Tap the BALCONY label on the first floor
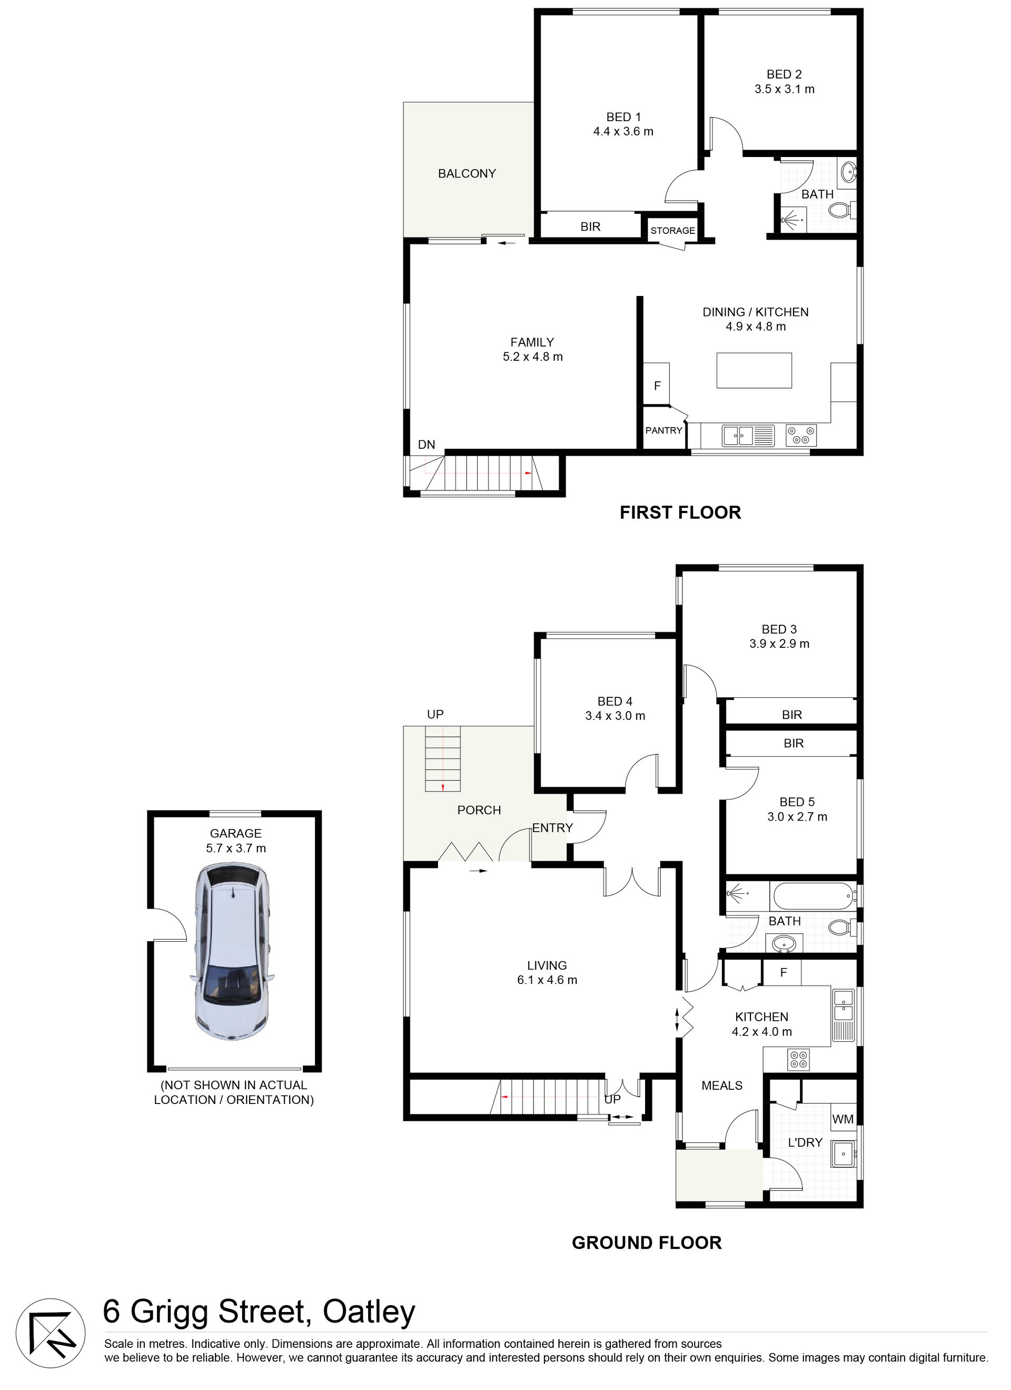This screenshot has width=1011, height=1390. coord(467,174)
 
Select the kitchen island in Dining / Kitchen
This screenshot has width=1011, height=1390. coord(754,370)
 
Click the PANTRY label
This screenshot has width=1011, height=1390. coord(663,430)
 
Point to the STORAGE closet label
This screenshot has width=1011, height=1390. coord(673,231)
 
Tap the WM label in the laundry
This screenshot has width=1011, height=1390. coord(843,1119)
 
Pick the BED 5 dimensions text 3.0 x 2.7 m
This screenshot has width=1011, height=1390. coord(797,817)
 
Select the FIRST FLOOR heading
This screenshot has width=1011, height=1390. coord(680,512)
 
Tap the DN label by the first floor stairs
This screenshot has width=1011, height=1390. coord(427,445)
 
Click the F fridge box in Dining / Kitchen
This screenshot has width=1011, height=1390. coord(657,385)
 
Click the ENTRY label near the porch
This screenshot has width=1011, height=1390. coord(552,829)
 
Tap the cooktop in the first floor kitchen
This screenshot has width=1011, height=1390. coord(801,435)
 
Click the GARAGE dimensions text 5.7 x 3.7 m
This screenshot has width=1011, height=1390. coord(236,848)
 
